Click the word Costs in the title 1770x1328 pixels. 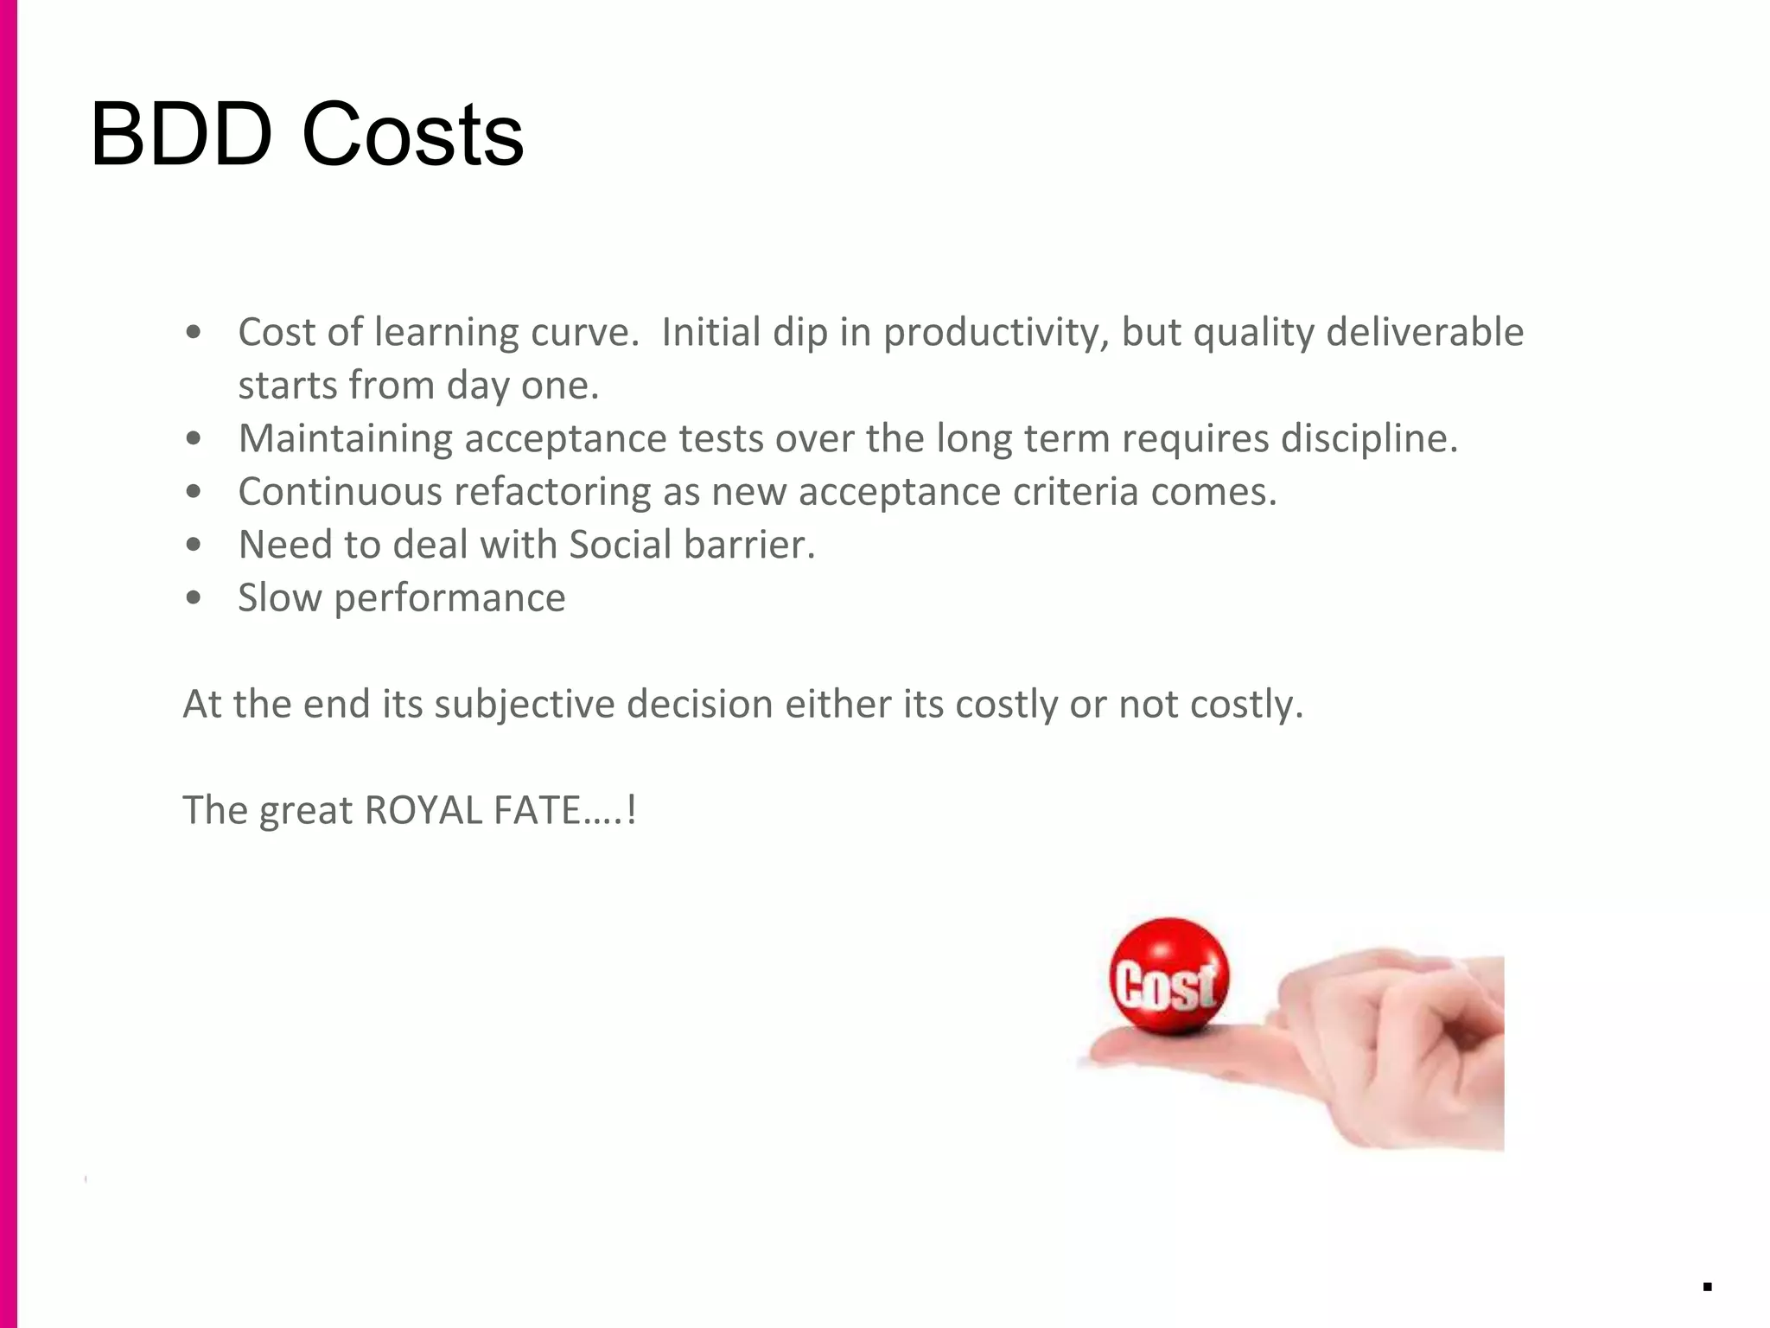pyautogui.click(x=412, y=135)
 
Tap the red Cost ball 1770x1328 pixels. pyautogui.click(x=1168, y=977)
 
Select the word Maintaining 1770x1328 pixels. pyautogui.click(x=345, y=438)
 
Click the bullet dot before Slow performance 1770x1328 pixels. pyautogui.click(x=194, y=597)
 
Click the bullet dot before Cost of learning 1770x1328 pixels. pyautogui.click(x=194, y=332)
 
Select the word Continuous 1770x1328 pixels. pyautogui.click(x=340, y=492)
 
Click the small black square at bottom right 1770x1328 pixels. pyautogui.click(x=1708, y=1286)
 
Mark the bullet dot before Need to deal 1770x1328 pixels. pyautogui.click(x=194, y=545)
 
